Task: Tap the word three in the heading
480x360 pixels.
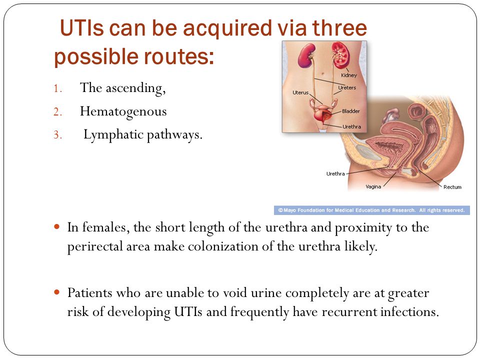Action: (x=339, y=28)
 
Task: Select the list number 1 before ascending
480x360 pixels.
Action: (x=57, y=89)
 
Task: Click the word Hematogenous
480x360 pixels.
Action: (x=123, y=112)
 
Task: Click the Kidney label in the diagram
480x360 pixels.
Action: (x=349, y=75)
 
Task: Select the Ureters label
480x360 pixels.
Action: (x=347, y=87)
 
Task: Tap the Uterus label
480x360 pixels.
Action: (x=300, y=92)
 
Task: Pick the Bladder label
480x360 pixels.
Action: (x=351, y=111)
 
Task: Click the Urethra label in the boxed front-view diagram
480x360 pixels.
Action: (x=351, y=126)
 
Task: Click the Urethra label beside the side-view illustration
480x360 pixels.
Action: (x=335, y=173)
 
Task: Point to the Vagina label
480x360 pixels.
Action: (x=373, y=186)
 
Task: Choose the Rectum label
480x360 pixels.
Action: (x=452, y=187)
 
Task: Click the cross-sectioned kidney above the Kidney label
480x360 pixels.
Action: (x=340, y=55)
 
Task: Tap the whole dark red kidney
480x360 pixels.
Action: (x=306, y=55)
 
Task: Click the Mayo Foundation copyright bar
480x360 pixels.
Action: (x=372, y=210)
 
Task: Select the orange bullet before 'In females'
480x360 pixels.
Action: (x=56, y=227)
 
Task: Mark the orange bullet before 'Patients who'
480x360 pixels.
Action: (x=56, y=292)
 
